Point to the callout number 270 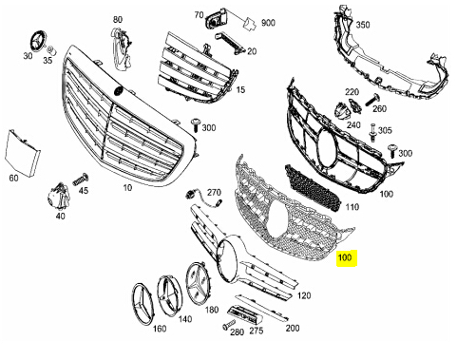point(214,192)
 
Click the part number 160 point(159,330)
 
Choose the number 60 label point(14,179)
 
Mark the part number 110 point(352,207)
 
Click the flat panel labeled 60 point(20,150)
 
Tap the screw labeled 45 point(79,178)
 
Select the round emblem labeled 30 point(39,41)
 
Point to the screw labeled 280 point(228,325)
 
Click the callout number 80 point(118,20)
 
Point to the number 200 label point(293,328)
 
